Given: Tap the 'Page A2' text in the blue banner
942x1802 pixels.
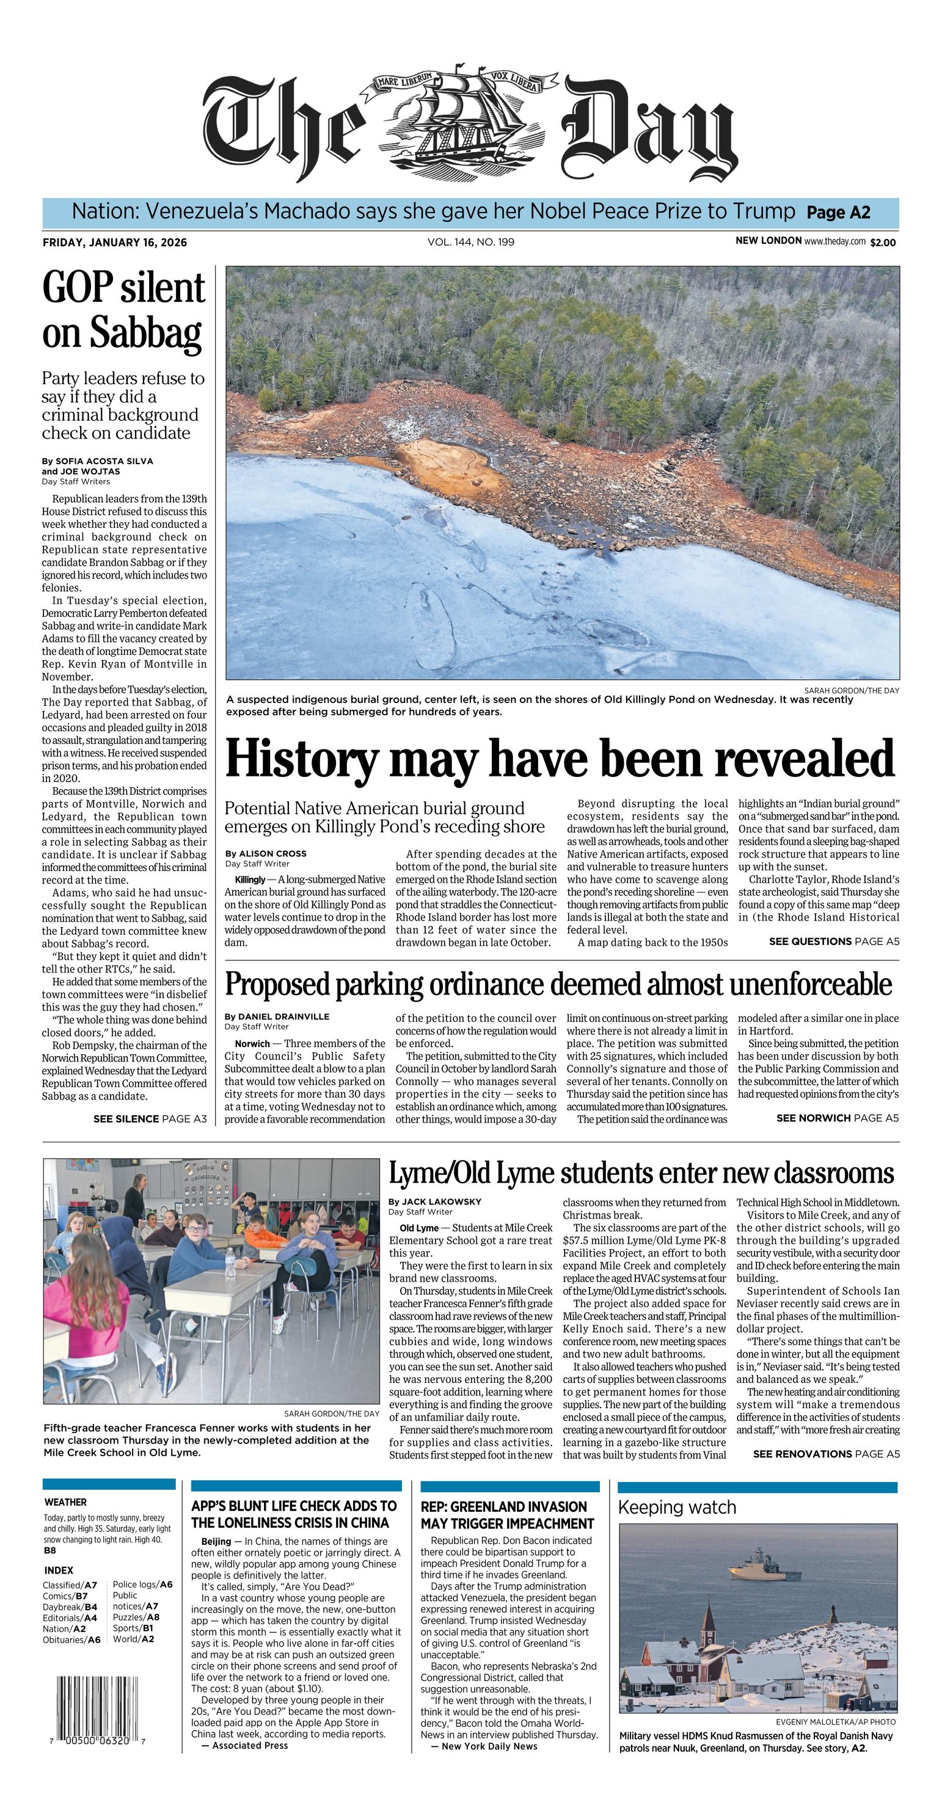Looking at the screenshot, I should (838, 213).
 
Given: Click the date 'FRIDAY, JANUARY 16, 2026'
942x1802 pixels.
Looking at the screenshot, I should (115, 243).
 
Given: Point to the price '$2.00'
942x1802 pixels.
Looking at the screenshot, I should (883, 243).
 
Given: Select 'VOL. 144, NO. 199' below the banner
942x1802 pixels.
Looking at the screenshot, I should (470, 242).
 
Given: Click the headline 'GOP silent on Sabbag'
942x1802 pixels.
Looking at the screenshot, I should (124, 309).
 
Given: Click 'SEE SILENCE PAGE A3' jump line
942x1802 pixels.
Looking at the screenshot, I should (150, 1118).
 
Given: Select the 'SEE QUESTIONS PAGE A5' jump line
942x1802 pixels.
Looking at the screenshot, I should (834, 941).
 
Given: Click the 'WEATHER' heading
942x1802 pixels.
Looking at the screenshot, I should (66, 1502).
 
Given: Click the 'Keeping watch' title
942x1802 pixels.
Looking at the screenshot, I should (676, 1508).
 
